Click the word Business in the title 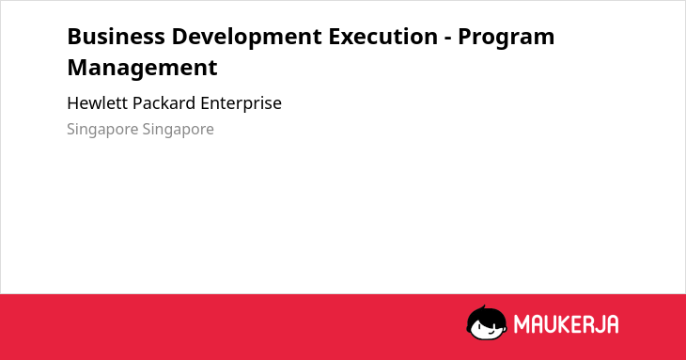pos(116,37)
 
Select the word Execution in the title pos(383,37)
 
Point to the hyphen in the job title pos(448,39)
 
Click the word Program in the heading pos(507,39)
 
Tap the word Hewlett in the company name pos(97,103)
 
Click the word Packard pos(164,103)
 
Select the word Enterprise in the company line pos(242,104)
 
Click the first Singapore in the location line pos(102,130)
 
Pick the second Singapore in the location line pos(178,130)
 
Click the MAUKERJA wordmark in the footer pos(566,324)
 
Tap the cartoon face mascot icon pos(487,322)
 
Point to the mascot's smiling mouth pos(491,332)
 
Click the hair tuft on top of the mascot pos(484,308)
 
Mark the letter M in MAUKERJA pos(522,324)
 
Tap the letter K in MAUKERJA pos(557,324)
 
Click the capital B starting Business pos(74,37)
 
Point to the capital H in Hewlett pos(73,103)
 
